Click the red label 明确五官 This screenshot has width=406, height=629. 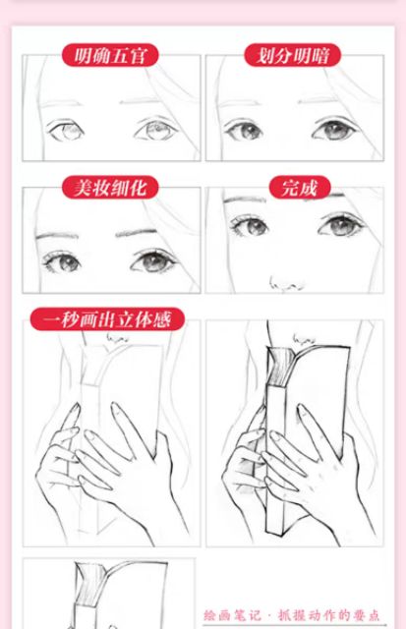110,55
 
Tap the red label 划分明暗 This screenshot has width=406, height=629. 293,55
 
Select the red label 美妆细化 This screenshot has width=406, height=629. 110,187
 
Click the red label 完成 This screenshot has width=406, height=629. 300,187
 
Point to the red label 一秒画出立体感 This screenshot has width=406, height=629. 107,319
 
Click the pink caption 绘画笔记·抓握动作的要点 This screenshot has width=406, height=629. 292,615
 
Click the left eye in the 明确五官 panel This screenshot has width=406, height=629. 66,130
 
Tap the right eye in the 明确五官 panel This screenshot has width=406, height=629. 157,129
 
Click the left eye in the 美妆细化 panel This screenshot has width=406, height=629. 63,262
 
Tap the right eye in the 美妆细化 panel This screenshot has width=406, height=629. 152,261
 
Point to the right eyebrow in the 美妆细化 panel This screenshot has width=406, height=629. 137,233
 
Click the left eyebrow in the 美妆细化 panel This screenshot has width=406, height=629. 56,236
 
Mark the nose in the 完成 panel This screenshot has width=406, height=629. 286,283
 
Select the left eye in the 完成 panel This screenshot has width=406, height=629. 249,225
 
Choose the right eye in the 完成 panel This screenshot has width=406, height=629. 342,224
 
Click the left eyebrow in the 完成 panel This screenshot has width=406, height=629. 245,200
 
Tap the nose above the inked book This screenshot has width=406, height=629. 304,340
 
